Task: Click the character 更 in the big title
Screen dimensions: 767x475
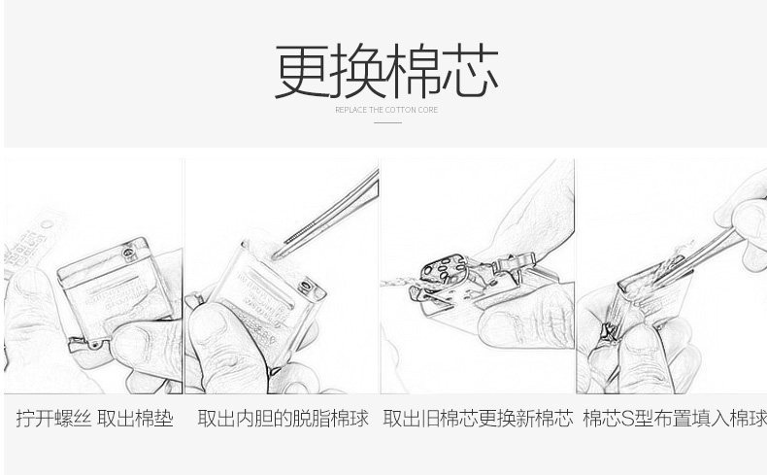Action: coord(303,71)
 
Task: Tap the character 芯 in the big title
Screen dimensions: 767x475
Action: coord(471,71)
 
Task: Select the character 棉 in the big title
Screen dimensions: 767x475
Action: coord(415,71)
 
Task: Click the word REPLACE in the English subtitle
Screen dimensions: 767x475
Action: coord(350,110)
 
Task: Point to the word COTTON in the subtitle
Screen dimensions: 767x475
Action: coord(400,110)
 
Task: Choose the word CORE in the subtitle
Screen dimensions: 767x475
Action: coord(427,110)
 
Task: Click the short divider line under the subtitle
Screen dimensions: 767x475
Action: coord(388,122)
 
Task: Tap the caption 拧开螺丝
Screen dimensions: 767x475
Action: coord(53,419)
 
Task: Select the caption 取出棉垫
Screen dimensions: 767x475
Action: coord(136,419)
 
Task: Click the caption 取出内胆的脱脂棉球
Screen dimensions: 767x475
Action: coord(283,419)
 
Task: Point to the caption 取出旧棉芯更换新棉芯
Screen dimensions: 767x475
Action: coord(478,419)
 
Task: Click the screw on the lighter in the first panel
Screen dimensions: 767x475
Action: coord(127,252)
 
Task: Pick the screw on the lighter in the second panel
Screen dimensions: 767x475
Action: coord(307,286)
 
